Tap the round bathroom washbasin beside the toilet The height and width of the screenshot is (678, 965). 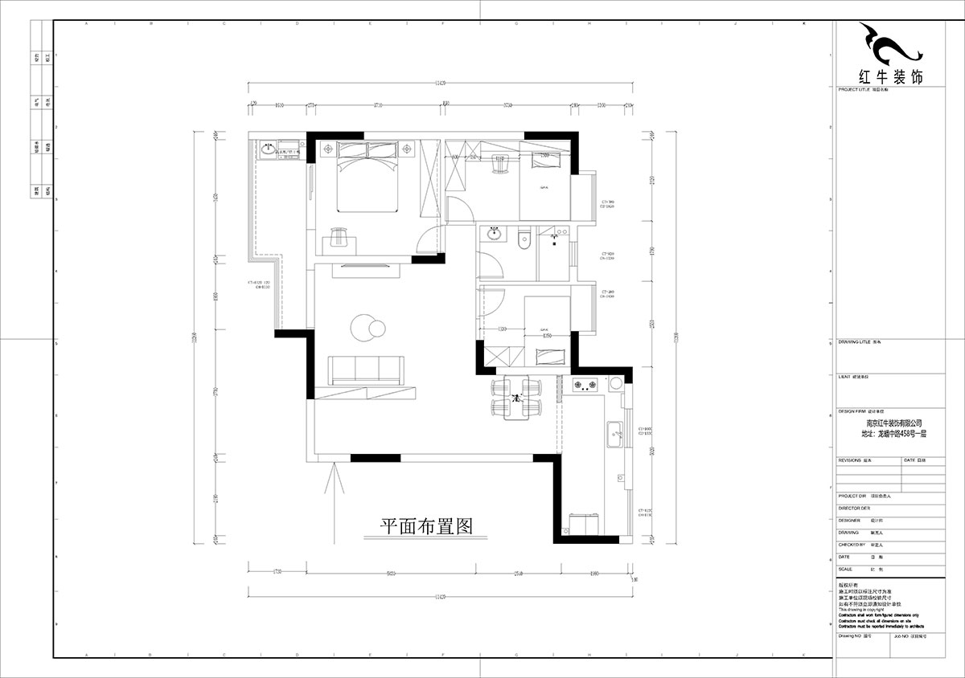(494, 235)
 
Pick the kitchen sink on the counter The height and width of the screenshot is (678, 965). (616, 435)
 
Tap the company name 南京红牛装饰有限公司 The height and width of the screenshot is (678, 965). (893, 423)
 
